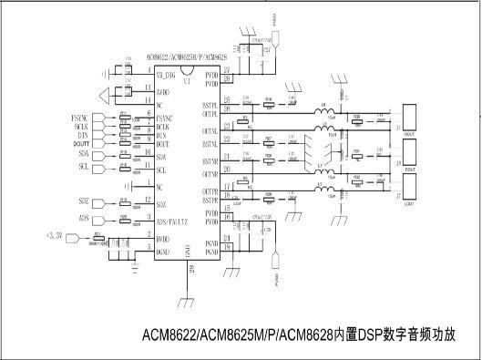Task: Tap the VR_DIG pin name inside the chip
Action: click(x=167, y=73)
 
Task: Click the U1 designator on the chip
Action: click(x=186, y=81)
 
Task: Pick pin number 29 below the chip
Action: click(x=190, y=269)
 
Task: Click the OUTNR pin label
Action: click(x=210, y=174)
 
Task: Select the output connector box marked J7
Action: click(x=409, y=190)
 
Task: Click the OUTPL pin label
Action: click(x=210, y=115)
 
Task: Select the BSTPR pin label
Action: click(x=210, y=200)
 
